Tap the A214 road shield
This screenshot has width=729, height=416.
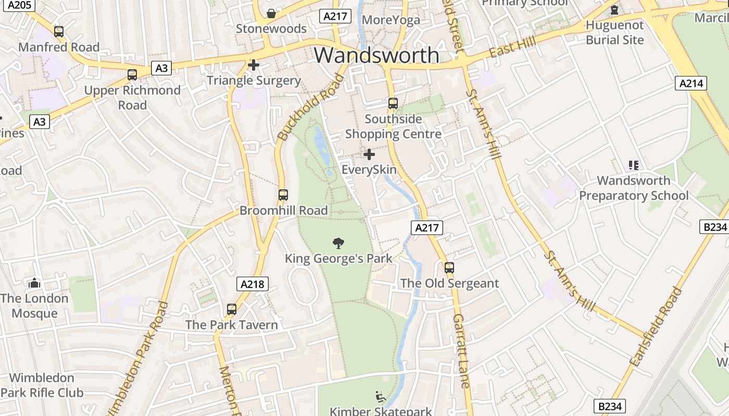click(x=691, y=83)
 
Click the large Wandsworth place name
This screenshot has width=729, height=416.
click(x=376, y=55)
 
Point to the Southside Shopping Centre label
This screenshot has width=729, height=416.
click(x=393, y=126)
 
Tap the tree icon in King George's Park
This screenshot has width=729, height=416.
click(x=338, y=243)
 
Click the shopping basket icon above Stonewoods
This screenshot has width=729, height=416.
click(x=271, y=13)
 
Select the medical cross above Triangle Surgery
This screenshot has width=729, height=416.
click(x=254, y=65)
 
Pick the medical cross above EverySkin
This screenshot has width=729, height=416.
click(x=369, y=154)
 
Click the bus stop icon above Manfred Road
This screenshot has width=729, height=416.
click(x=59, y=32)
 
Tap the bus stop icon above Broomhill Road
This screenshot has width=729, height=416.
click(x=283, y=195)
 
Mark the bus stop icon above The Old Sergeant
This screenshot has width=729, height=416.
click(x=449, y=268)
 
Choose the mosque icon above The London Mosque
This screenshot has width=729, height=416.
click(x=34, y=283)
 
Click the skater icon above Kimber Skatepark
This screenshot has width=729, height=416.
click(x=381, y=397)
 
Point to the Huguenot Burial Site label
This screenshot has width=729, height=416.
click(x=614, y=32)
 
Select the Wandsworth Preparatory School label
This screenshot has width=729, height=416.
click(x=634, y=188)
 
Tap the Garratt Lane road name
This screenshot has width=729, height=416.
click(x=461, y=350)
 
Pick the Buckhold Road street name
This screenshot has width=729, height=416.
click(x=311, y=108)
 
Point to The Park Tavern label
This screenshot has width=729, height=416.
click(x=232, y=325)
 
